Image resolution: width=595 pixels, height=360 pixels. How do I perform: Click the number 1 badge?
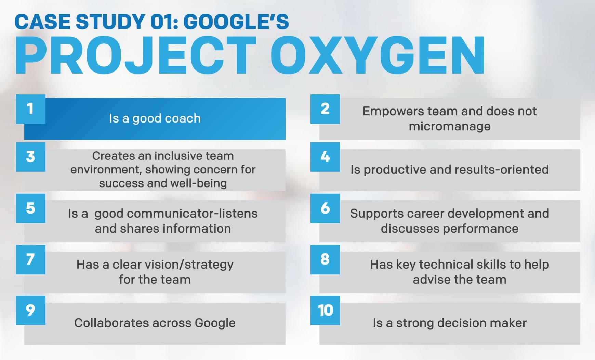click(31, 109)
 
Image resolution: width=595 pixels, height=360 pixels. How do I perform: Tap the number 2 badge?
click(325, 109)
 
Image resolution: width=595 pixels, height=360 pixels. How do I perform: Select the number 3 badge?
click(31, 157)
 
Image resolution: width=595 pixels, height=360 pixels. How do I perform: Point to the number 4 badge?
click(325, 157)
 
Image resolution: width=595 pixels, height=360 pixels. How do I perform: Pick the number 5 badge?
click(31, 208)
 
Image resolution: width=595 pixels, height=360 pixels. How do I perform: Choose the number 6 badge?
click(325, 208)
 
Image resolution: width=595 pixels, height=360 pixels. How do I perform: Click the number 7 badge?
click(31, 260)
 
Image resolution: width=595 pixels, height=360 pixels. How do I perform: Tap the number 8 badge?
click(325, 260)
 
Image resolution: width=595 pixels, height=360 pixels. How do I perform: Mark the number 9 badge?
click(31, 310)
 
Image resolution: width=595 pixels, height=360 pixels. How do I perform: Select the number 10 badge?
click(325, 310)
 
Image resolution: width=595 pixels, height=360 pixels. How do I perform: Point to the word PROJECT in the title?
click(136, 55)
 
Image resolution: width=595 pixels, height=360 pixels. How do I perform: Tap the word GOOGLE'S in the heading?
click(236, 22)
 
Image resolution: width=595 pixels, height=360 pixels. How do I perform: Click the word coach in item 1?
click(184, 118)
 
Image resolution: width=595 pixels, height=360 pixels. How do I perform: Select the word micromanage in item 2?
click(450, 127)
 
